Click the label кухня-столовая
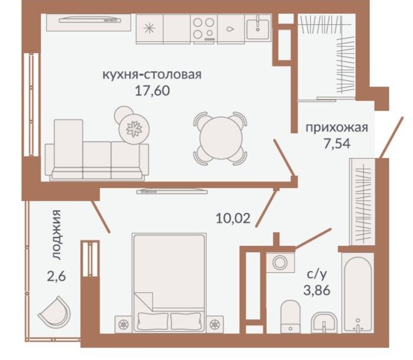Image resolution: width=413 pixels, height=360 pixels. tap(152, 75)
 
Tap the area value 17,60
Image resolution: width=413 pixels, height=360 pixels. tap(152, 91)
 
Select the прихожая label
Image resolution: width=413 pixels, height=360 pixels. tap(336, 128)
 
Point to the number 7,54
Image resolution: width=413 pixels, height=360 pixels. tap(337, 144)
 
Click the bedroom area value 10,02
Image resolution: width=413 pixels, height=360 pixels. tap(233, 219)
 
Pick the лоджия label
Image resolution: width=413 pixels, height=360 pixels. tap(56, 235)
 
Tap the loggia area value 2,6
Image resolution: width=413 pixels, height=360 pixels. tap(56, 276)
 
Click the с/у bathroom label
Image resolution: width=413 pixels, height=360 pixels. tap(316, 275)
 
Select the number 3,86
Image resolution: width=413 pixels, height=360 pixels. tap(316, 290)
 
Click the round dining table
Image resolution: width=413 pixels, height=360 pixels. tap(221, 138)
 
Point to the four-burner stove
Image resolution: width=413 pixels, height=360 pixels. tap(204, 28)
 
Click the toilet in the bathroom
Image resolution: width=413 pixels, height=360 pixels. tap(290, 316)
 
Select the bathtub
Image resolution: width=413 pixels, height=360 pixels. tap(358, 292)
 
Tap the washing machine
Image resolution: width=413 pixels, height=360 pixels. tap(280, 262)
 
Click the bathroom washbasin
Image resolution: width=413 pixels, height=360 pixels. tap(324, 323)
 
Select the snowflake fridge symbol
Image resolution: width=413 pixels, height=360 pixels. tap(149, 28)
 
